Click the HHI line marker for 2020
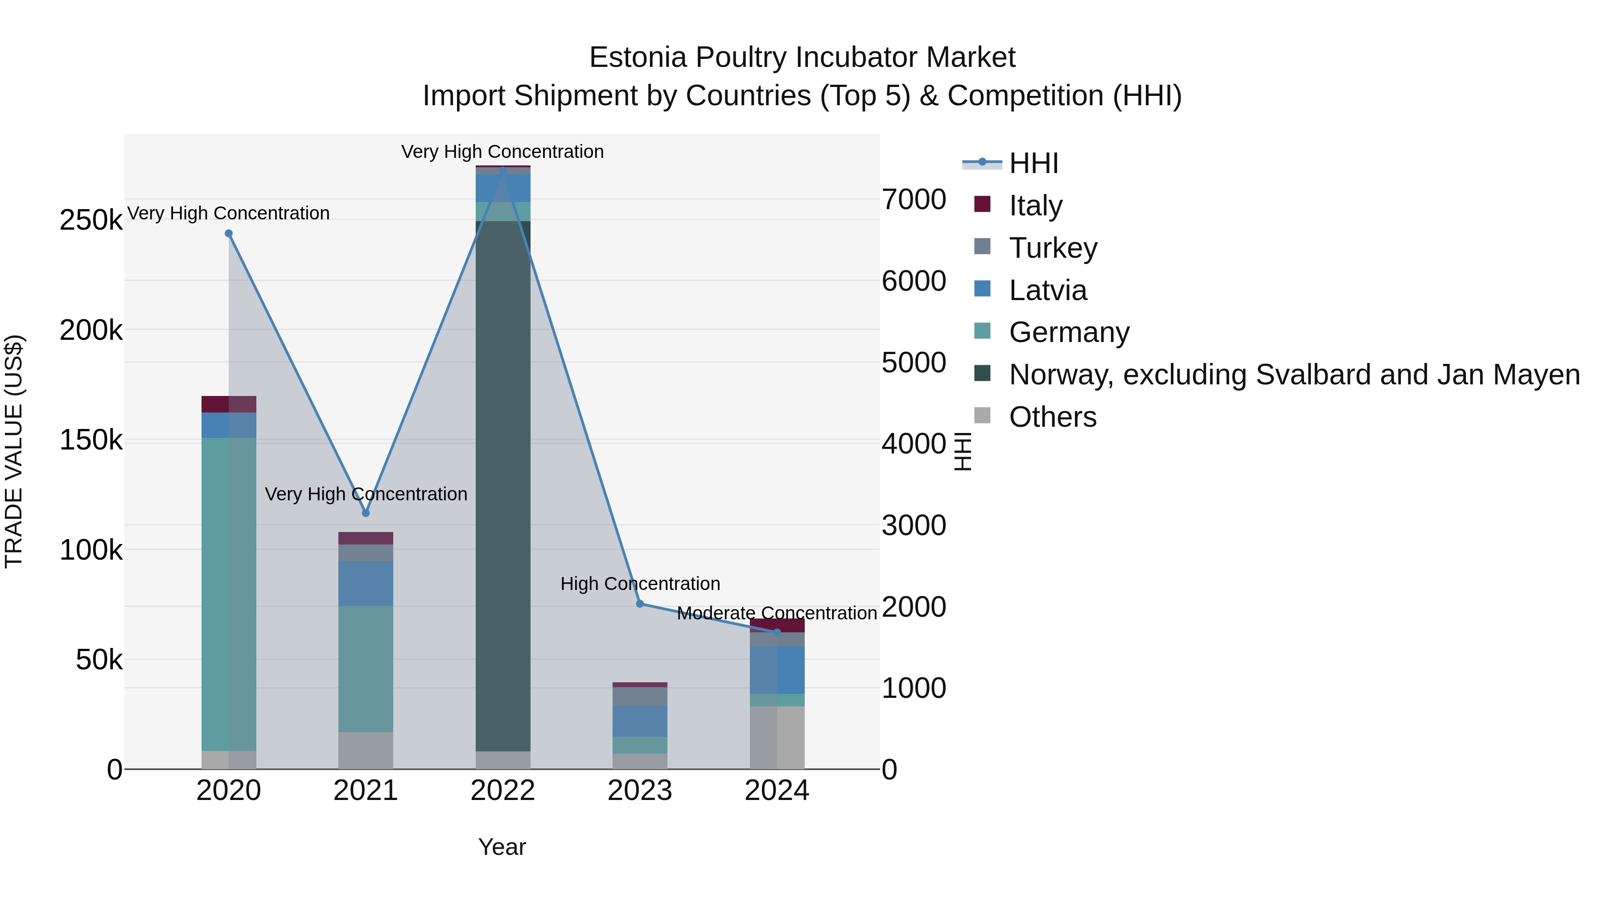click(229, 234)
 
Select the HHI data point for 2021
click(366, 513)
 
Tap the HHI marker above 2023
click(640, 604)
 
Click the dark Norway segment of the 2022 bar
click(503, 486)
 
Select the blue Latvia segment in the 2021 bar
click(366, 583)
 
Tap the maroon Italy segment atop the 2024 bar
click(777, 625)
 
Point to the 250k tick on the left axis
click(91, 220)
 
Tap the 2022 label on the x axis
click(503, 791)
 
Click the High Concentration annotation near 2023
click(640, 584)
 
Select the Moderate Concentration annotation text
click(777, 613)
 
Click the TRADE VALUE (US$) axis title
click(14, 451)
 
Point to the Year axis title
click(502, 847)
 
